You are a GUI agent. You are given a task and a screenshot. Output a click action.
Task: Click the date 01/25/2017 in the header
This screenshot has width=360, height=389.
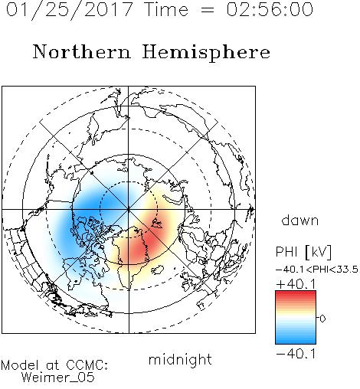(69, 10)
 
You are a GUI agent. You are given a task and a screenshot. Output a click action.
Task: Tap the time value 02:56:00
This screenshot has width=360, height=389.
(270, 10)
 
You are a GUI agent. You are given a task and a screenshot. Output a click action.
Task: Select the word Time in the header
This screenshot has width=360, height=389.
(166, 10)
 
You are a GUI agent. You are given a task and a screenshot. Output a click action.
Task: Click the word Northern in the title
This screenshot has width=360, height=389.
(82, 51)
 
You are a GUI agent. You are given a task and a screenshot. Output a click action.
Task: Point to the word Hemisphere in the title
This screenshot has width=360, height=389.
(206, 53)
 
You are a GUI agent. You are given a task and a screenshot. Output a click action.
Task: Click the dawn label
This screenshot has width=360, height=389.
(300, 220)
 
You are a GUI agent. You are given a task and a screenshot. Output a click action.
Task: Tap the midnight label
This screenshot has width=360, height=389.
(180, 359)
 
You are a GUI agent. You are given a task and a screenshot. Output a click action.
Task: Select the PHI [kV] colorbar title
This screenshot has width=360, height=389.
(303, 252)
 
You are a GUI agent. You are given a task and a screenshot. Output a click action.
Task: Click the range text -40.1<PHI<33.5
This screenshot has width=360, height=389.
(317, 270)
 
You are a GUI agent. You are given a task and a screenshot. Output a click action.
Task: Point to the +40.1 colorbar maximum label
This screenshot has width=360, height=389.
(296, 284)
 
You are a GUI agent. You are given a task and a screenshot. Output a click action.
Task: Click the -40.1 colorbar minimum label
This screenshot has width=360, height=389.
(296, 355)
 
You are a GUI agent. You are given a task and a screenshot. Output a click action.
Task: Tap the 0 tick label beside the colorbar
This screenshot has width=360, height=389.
(322, 319)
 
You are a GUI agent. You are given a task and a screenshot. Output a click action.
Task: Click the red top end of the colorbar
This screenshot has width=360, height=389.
(296, 293)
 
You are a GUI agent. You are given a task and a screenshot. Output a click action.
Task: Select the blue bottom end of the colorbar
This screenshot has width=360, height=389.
(296, 341)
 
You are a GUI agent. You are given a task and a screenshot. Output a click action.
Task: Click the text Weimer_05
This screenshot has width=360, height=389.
(58, 378)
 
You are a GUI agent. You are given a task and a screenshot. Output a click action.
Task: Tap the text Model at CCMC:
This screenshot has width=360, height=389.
(54, 365)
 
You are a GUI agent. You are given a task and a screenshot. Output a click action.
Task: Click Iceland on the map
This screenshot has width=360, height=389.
(157, 270)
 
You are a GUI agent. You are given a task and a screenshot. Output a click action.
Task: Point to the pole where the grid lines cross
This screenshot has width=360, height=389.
(129, 210)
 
